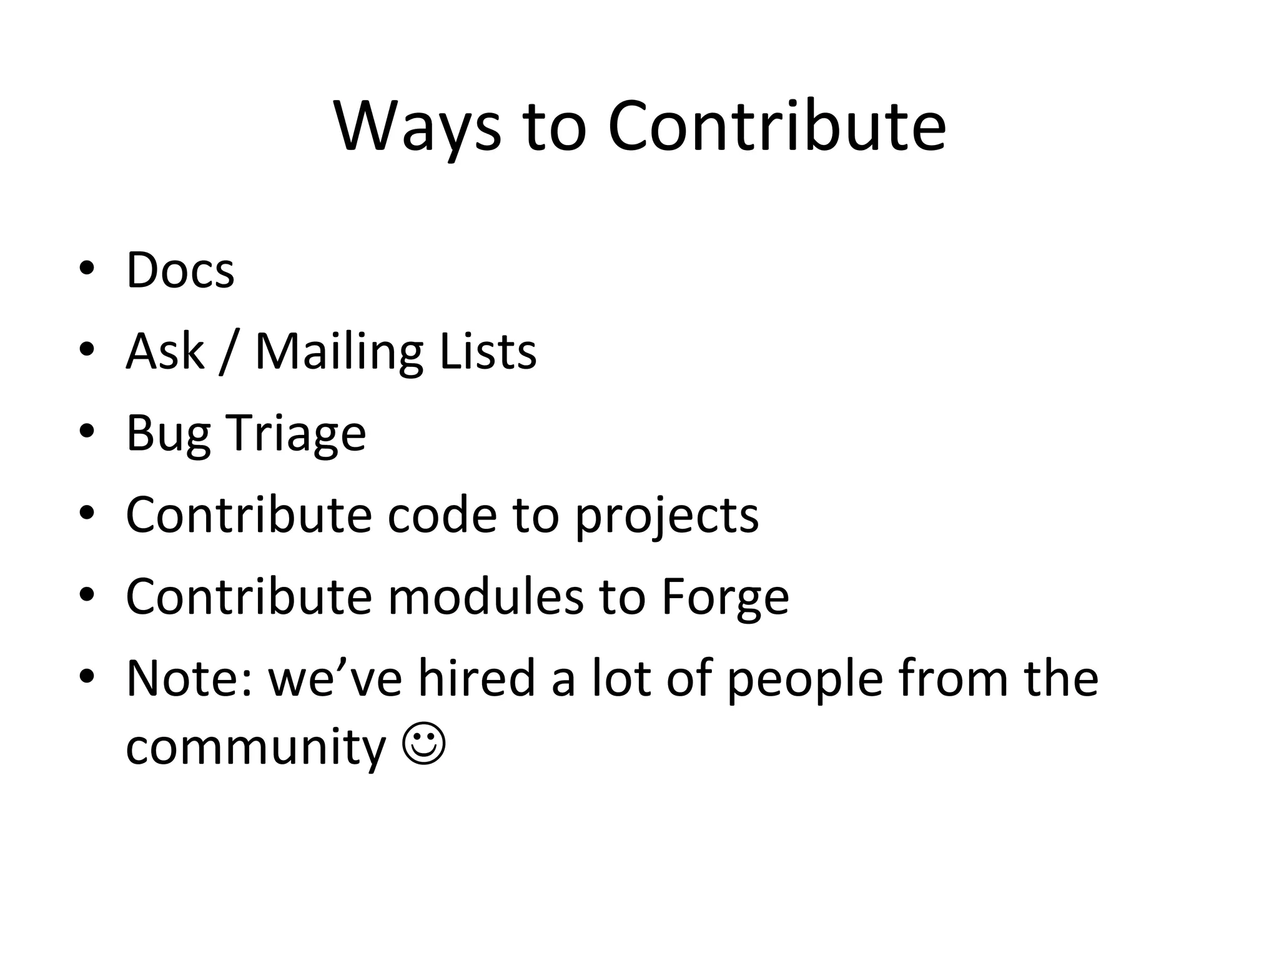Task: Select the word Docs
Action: pyautogui.click(x=180, y=270)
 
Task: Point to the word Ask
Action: pyautogui.click(x=165, y=351)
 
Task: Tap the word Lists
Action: pyautogui.click(x=488, y=351)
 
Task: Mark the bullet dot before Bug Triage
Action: pyautogui.click(x=87, y=431)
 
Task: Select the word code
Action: pyautogui.click(x=442, y=515)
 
